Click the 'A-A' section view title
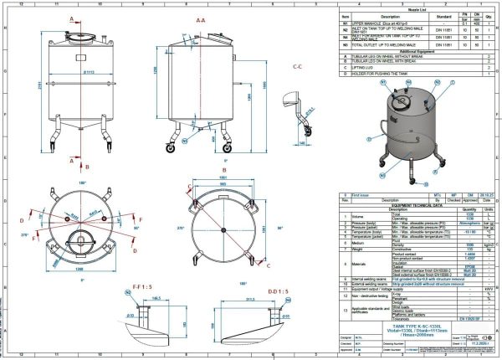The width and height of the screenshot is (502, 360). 199,18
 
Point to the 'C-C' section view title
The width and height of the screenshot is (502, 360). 297,65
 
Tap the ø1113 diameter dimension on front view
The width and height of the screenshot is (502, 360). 79,73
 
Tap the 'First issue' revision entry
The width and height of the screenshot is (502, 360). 361,194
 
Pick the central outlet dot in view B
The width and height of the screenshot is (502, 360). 224,226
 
